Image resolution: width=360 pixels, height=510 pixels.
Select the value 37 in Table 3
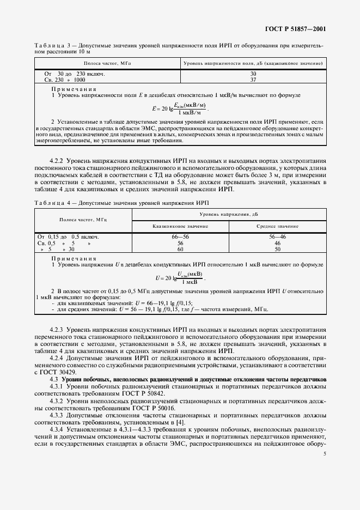(253, 79)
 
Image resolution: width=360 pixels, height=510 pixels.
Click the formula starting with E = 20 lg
(177, 108)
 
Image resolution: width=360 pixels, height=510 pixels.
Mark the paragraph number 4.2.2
(57, 161)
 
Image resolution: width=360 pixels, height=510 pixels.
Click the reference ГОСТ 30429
(58, 371)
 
